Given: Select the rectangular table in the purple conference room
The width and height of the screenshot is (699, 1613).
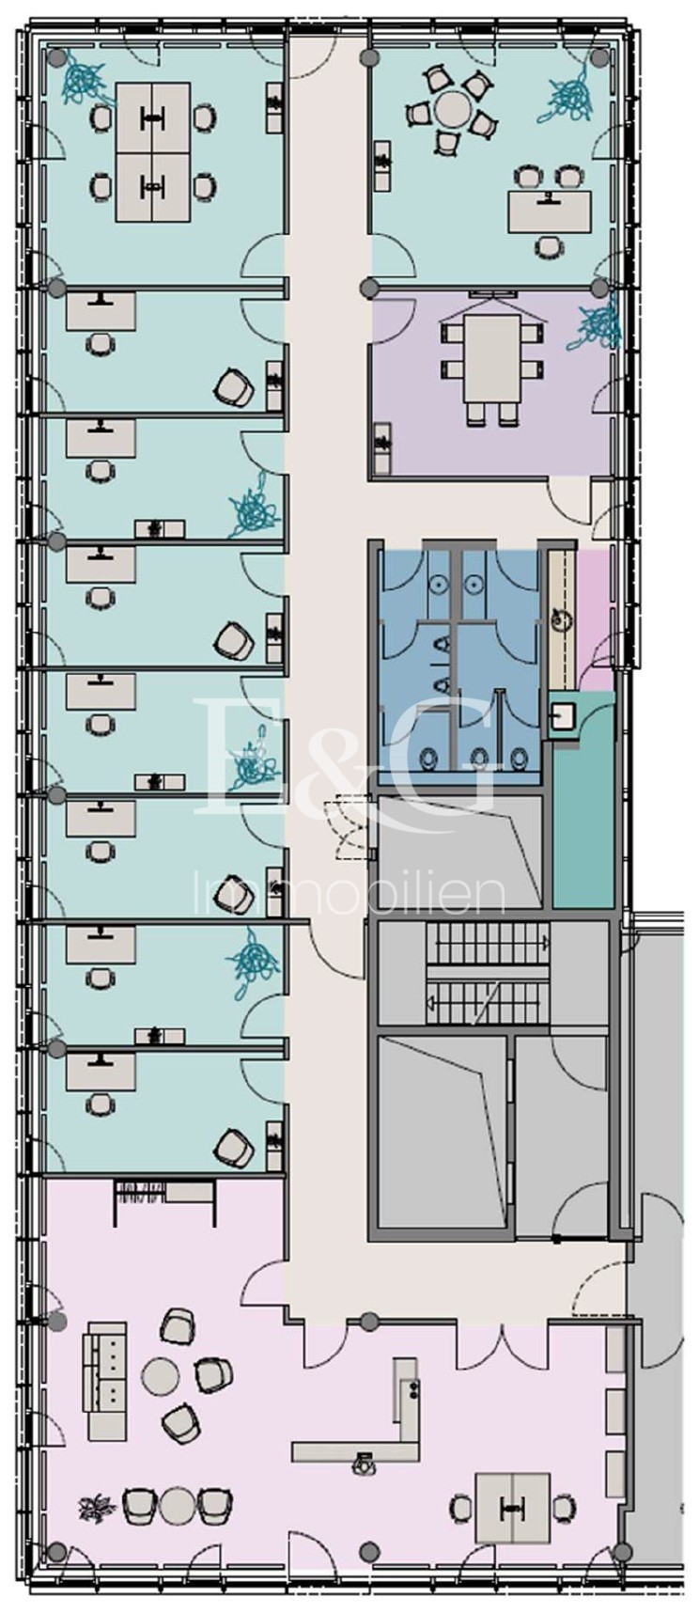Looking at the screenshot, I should pyautogui.click(x=490, y=357).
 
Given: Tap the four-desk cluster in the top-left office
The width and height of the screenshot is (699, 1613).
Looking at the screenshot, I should pyautogui.click(x=152, y=151).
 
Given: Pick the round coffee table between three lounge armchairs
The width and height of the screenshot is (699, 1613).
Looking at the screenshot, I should pyautogui.click(x=161, y=1377).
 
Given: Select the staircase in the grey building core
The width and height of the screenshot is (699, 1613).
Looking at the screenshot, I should pyautogui.click(x=487, y=973).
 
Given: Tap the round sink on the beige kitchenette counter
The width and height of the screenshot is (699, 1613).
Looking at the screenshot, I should pyautogui.click(x=562, y=618).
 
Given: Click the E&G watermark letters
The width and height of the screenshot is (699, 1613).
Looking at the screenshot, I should pyautogui.click(x=348, y=757).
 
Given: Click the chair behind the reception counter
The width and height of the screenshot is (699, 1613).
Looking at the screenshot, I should pyautogui.click(x=362, y=1463).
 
